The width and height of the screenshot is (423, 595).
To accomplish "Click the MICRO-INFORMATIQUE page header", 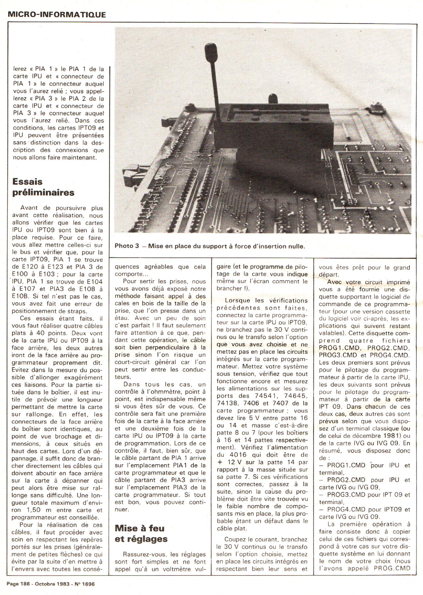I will tap(57, 14).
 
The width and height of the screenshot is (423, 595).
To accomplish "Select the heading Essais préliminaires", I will tap(43, 187).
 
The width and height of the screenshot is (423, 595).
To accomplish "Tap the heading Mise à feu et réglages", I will tap(141, 533).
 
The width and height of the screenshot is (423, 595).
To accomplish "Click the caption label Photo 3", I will tap(127, 246).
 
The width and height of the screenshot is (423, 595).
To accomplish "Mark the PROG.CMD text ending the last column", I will tap(392, 568).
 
